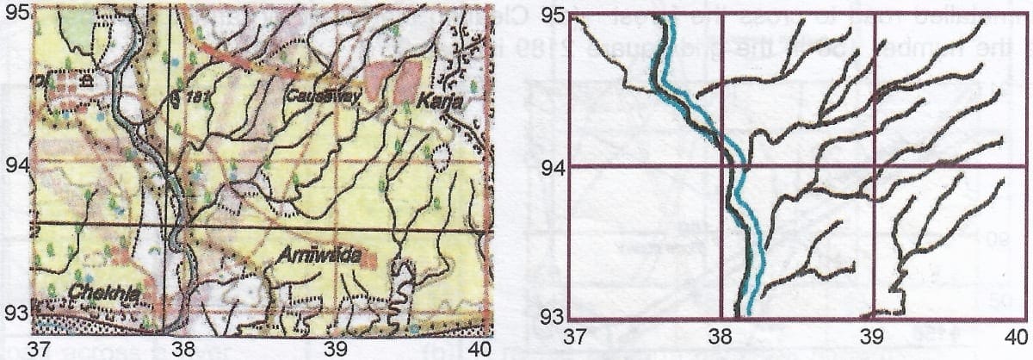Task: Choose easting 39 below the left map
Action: (334, 348)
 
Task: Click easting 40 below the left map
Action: (479, 348)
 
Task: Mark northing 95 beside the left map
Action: (16, 13)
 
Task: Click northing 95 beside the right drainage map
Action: (556, 16)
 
